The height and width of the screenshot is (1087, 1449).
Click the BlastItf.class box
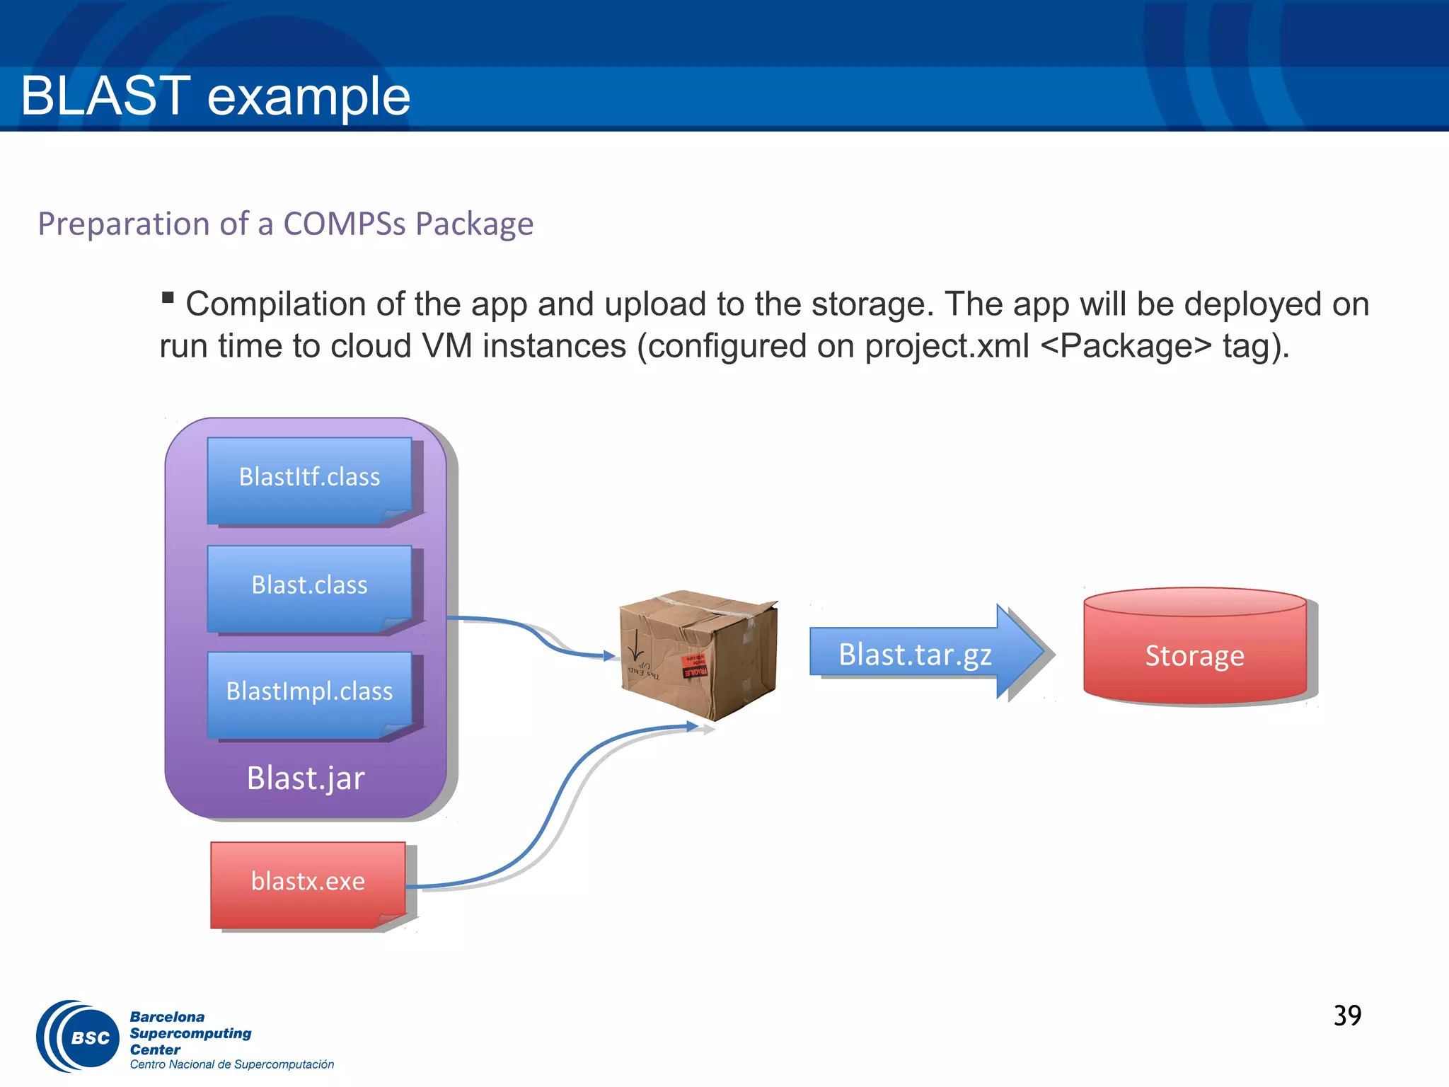(x=309, y=479)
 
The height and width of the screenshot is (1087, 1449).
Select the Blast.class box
(x=309, y=587)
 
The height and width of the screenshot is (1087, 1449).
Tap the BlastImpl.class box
(x=309, y=693)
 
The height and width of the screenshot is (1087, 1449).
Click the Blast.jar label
(x=306, y=778)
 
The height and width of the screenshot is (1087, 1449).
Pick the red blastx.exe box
(x=308, y=883)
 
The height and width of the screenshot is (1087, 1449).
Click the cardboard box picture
(x=698, y=655)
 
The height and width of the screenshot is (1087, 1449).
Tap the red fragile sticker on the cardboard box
(x=695, y=667)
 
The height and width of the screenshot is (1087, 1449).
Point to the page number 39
(x=1347, y=1016)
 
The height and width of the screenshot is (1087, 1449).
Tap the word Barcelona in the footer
(x=167, y=1017)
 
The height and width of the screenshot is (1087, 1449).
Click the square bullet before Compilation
(x=168, y=297)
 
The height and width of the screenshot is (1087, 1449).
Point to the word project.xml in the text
(x=946, y=346)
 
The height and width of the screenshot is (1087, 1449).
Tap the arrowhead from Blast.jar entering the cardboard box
(x=609, y=656)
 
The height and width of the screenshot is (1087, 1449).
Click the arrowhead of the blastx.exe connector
(x=693, y=726)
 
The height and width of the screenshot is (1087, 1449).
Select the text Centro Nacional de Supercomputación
(x=231, y=1065)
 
